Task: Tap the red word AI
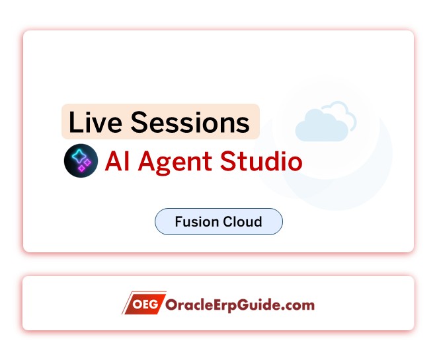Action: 118,162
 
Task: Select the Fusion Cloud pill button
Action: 218,222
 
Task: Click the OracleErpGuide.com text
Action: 241,305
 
